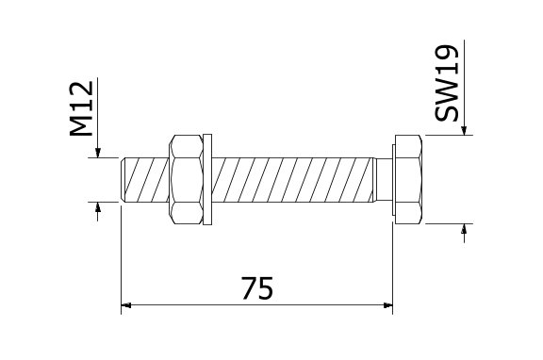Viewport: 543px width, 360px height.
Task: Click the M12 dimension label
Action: coord(82,108)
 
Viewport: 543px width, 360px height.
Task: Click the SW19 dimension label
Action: coord(447,83)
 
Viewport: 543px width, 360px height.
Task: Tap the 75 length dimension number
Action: coord(257,288)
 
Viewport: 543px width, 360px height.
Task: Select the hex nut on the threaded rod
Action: coord(186,180)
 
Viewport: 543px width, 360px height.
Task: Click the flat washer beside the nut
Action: coord(207,180)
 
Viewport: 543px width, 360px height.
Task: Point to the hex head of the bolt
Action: coord(408,179)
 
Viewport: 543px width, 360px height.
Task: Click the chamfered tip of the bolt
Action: coord(123,180)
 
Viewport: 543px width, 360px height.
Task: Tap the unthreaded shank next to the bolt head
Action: coord(385,180)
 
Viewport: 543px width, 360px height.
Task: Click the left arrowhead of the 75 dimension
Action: coord(125,305)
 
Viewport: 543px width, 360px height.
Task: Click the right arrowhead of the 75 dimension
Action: coord(388,305)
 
